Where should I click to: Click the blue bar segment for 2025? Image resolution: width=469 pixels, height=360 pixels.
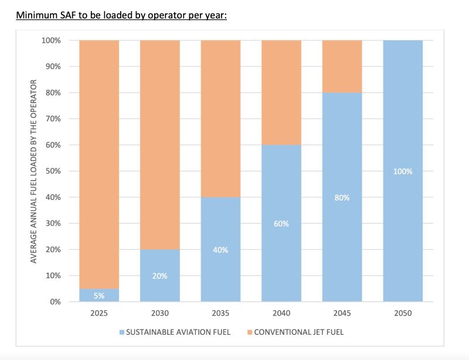click(98, 295)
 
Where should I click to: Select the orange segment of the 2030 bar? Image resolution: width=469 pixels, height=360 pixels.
click(159, 144)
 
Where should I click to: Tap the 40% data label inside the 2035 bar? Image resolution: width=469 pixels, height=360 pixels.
click(220, 250)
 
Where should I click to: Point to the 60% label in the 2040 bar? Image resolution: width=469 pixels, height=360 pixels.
click(281, 223)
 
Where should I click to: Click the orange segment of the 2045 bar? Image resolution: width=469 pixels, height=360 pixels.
click(342, 66)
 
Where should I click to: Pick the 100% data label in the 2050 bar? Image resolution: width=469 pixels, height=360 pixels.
click(403, 171)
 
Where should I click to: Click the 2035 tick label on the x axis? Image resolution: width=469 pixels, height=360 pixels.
click(220, 314)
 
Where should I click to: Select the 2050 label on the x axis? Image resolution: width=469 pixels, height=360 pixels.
click(403, 314)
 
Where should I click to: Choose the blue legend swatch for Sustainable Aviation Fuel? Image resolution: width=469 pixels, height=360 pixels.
click(122, 332)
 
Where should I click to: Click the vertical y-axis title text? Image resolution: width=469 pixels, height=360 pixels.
click(33, 171)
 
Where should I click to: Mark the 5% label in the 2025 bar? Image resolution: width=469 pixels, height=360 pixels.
click(98, 296)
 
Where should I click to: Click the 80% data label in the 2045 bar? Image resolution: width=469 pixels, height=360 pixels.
click(342, 198)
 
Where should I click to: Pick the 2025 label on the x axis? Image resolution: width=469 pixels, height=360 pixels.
click(98, 314)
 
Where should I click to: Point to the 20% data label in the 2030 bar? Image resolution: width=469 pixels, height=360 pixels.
click(159, 276)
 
